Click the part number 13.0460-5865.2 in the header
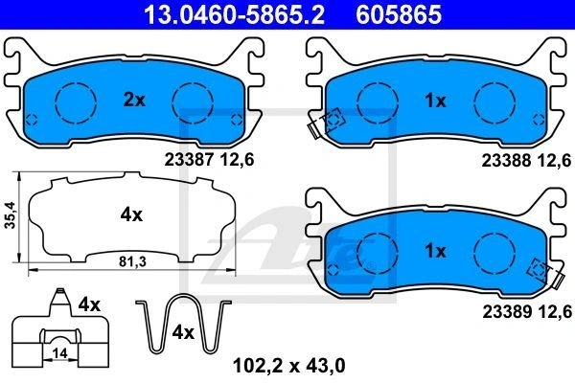pyautogui.click(x=235, y=14)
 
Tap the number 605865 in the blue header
pyautogui.click(x=399, y=14)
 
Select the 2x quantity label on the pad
pyautogui.click(x=134, y=100)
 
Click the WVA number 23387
pyautogui.click(x=189, y=160)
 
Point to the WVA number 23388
pyautogui.click(x=506, y=161)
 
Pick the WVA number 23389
pyautogui.click(x=507, y=312)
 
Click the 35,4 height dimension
pyautogui.click(x=10, y=214)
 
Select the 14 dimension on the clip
pyautogui.click(x=59, y=353)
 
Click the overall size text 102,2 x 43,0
pyautogui.click(x=289, y=366)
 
